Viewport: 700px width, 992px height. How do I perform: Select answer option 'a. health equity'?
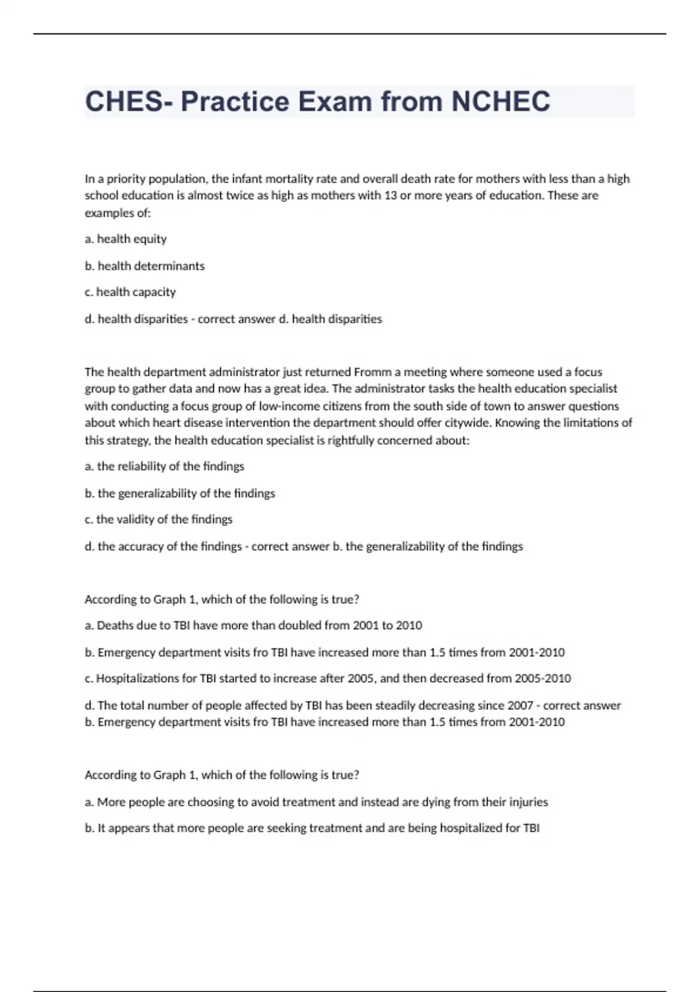pyautogui.click(x=125, y=239)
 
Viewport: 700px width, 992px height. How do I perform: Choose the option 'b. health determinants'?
pyautogui.click(x=145, y=266)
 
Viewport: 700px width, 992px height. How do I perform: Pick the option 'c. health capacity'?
pyautogui.click(x=130, y=292)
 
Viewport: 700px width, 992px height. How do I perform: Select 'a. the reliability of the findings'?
pyautogui.click(x=164, y=466)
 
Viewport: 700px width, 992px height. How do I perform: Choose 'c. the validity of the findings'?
pyautogui.click(x=159, y=519)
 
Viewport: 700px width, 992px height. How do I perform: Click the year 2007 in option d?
pyautogui.click(x=520, y=705)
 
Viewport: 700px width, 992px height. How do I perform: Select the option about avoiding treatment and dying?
pyautogui.click(x=316, y=802)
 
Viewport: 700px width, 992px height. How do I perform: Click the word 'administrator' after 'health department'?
pyautogui.click(x=244, y=372)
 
